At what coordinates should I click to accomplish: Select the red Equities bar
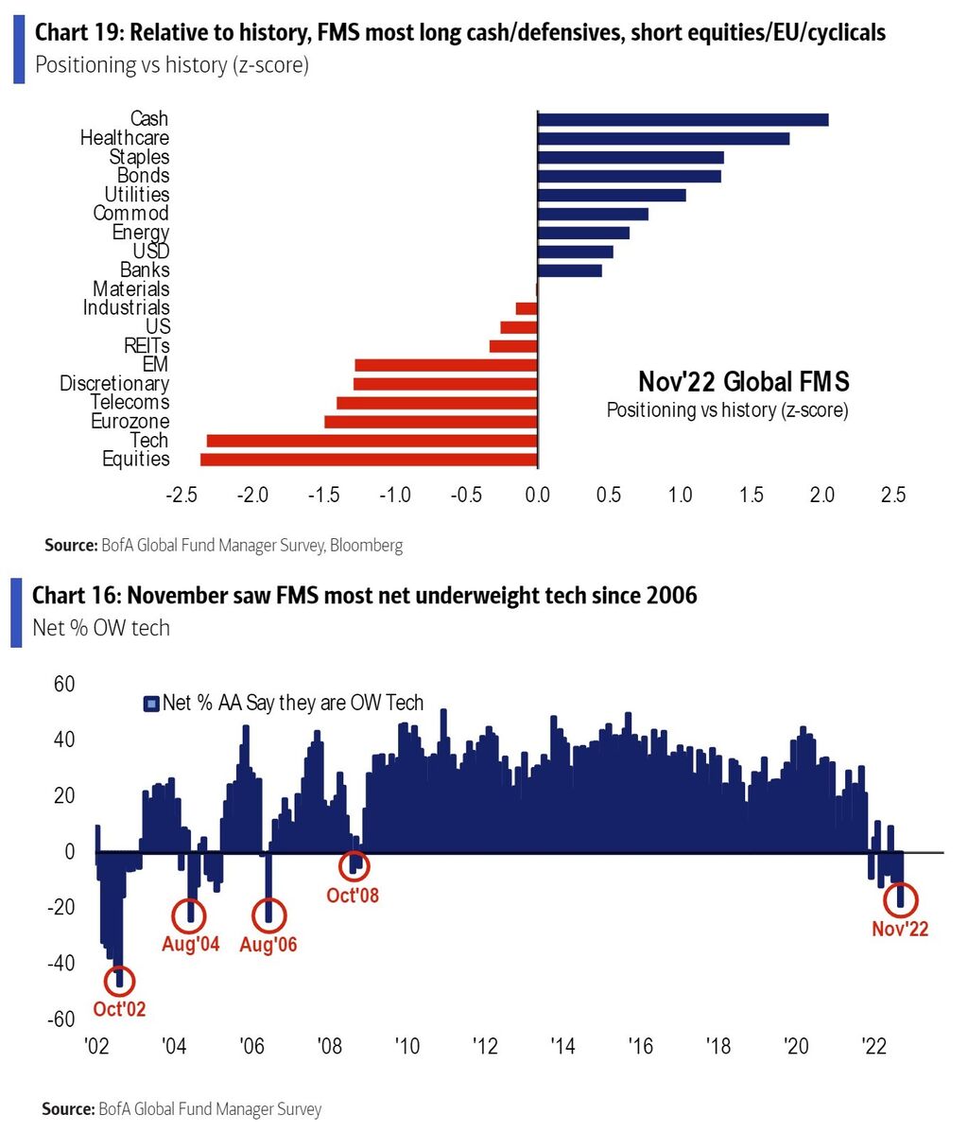(369, 460)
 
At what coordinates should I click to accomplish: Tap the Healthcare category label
(125, 138)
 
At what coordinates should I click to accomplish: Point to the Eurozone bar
(431, 422)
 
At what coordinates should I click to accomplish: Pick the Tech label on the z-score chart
(149, 441)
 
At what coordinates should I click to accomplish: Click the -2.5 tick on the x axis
(181, 496)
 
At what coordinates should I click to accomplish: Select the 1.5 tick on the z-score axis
(752, 496)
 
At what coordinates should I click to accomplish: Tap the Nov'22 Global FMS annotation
(744, 382)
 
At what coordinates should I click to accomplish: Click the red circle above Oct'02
(119, 982)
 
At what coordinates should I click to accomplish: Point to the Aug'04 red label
(190, 944)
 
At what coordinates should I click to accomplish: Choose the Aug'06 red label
(268, 944)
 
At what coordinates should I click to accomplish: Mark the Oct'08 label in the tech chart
(353, 895)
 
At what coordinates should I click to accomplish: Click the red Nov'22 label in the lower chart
(900, 929)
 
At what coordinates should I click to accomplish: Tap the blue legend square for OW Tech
(149, 704)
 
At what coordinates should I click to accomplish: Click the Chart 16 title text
(365, 595)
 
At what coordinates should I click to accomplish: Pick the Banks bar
(569, 270)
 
